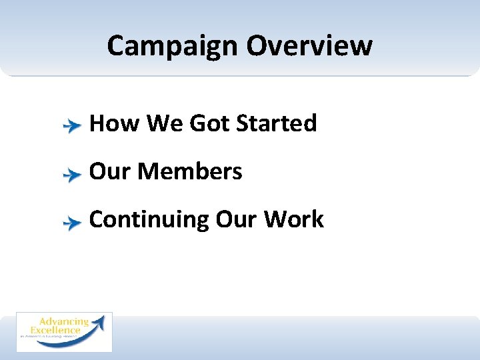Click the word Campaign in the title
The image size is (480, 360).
173,46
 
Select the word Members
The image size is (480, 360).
190,171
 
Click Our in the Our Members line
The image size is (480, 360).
110,171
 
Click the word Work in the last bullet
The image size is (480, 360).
294,219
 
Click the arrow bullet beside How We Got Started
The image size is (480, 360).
71,125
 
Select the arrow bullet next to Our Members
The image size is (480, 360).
71,174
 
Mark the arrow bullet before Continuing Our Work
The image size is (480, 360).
71,223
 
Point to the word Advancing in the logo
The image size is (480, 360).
64,323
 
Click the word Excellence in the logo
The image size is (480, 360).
56,331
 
